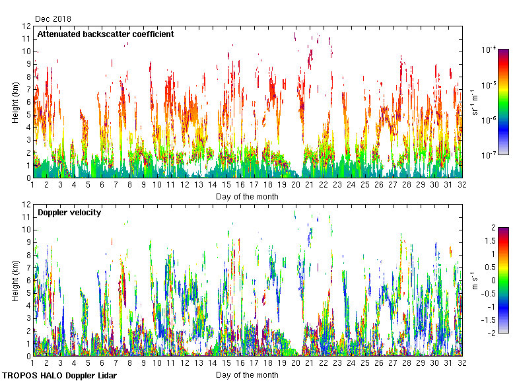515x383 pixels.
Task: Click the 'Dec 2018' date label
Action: point(53,19)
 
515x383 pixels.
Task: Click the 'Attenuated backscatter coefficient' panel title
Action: point(106,34)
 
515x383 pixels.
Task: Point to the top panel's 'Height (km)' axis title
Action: point(15,102)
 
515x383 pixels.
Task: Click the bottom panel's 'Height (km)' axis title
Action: point(15,281)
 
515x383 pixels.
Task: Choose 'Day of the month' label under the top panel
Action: point(247,197)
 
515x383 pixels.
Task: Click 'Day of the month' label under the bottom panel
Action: point(247,375)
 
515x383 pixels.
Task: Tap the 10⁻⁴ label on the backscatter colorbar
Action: point(489,50)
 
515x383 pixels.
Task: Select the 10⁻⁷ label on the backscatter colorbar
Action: point(489,155)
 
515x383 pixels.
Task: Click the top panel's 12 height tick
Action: point(26,26)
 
